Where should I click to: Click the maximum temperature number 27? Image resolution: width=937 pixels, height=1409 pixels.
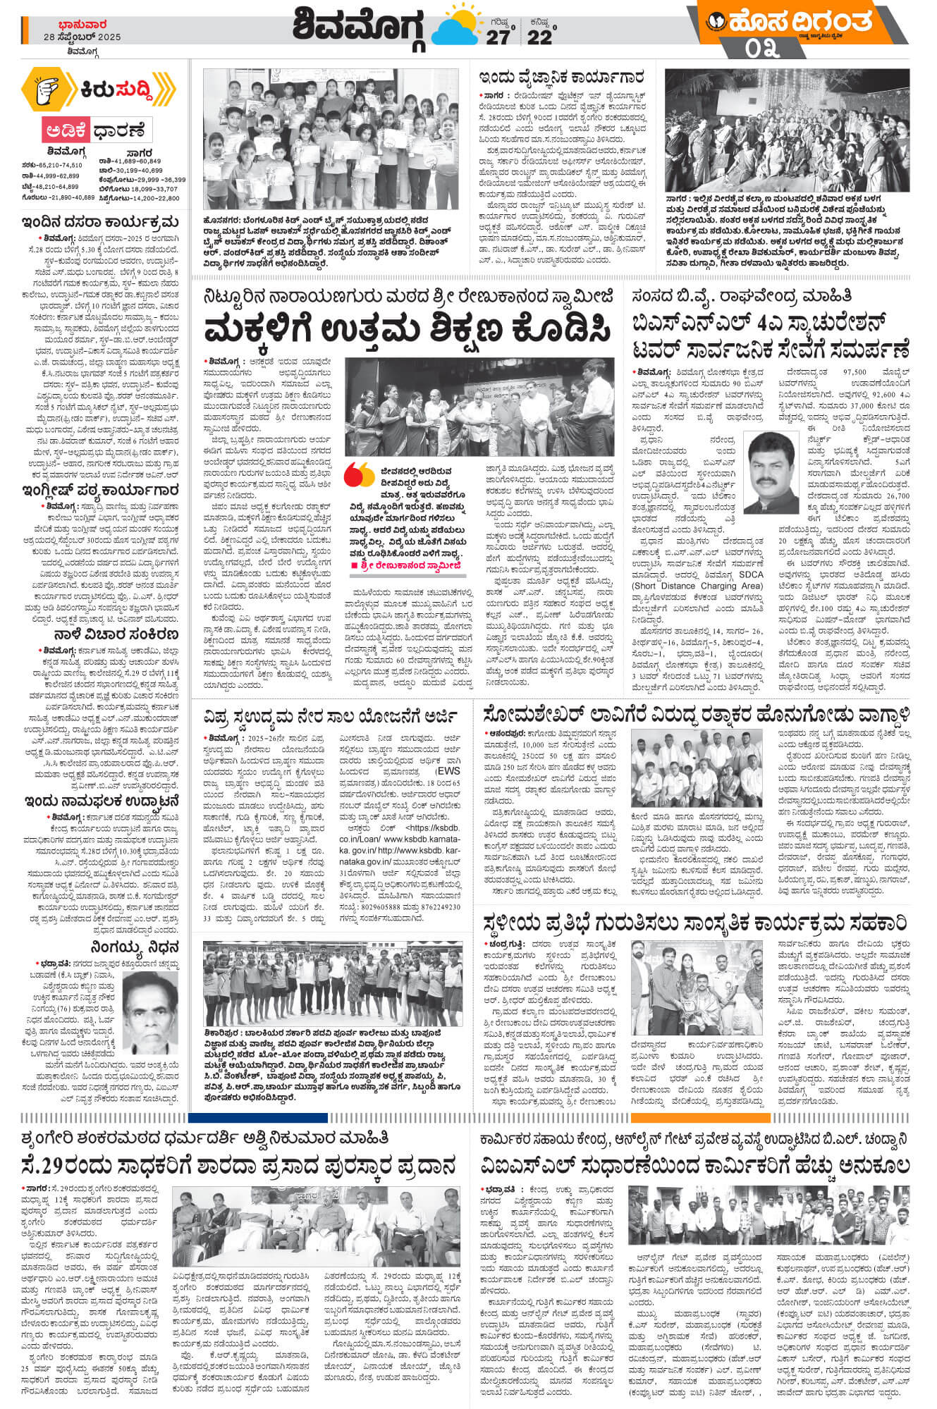pos(497,37)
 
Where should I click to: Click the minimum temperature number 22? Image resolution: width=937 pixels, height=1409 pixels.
pos(539,37)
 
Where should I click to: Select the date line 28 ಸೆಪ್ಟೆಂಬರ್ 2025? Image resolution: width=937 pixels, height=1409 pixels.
pos(82,37)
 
